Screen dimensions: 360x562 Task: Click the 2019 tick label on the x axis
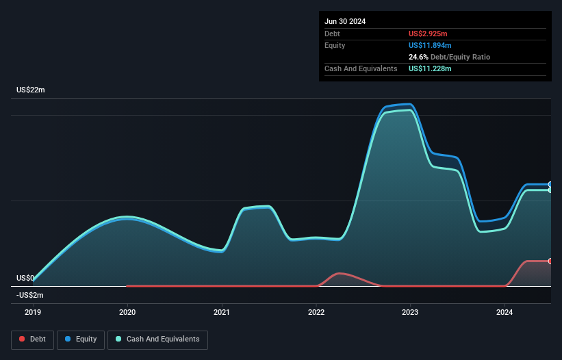click(x=33, y=312)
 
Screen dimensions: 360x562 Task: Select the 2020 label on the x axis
click(x=127, y=312)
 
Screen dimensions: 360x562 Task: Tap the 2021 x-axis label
click(x=222, y=312)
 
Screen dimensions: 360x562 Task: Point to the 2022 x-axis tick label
click(x=316, y=312)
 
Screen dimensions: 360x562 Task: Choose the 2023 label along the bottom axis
click(x=410, y=312)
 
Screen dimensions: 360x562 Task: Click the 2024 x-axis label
click(x=504, y=312)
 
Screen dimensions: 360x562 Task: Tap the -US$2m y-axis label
click(x=30, y=295)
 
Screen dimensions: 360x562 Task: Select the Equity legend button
click(x=81, y=339)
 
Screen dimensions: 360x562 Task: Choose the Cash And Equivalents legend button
click(x=157, y=339)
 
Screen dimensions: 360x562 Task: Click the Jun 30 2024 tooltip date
click(x=345, y=21)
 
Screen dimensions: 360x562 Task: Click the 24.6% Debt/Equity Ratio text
click(x=449, y=57)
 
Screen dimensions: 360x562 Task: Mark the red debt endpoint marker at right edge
click(x=550, y=261)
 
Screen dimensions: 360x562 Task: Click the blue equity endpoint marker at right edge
click(x=550, y=184)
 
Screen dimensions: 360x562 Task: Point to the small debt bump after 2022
click(x=340, y=274)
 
